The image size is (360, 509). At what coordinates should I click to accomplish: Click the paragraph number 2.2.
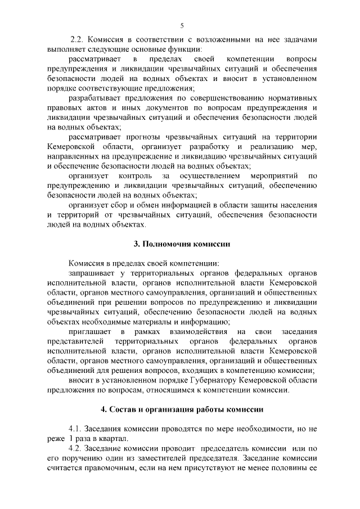click(x=78, y=39)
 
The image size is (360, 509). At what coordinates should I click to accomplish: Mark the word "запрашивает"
click(x=93, y=273)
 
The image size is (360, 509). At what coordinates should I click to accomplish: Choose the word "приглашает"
click(x=91, y=331)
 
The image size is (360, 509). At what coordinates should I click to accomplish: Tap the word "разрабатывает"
click(x=97, y=98)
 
